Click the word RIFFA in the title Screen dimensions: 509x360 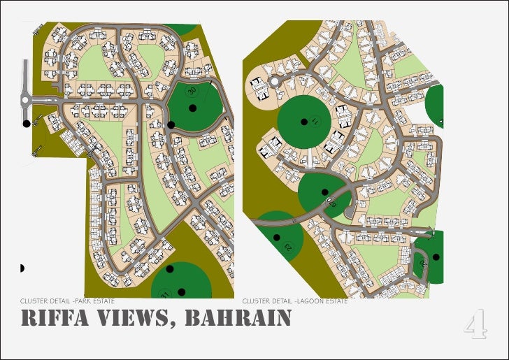(x=53, y=319)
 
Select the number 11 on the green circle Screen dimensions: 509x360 (x=315, y=120)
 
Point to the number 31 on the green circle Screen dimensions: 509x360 (x=165, y=294)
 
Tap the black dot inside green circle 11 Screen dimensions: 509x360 (x=303, y=121)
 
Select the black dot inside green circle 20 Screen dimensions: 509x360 (x=436, y=257)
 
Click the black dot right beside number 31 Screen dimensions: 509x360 (x=181, y=291)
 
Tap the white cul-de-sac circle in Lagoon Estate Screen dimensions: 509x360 (x=275, y=82)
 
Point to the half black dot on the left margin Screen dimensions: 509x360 (x=22, y=268)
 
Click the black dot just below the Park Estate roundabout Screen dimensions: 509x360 (x=27, y=124)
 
